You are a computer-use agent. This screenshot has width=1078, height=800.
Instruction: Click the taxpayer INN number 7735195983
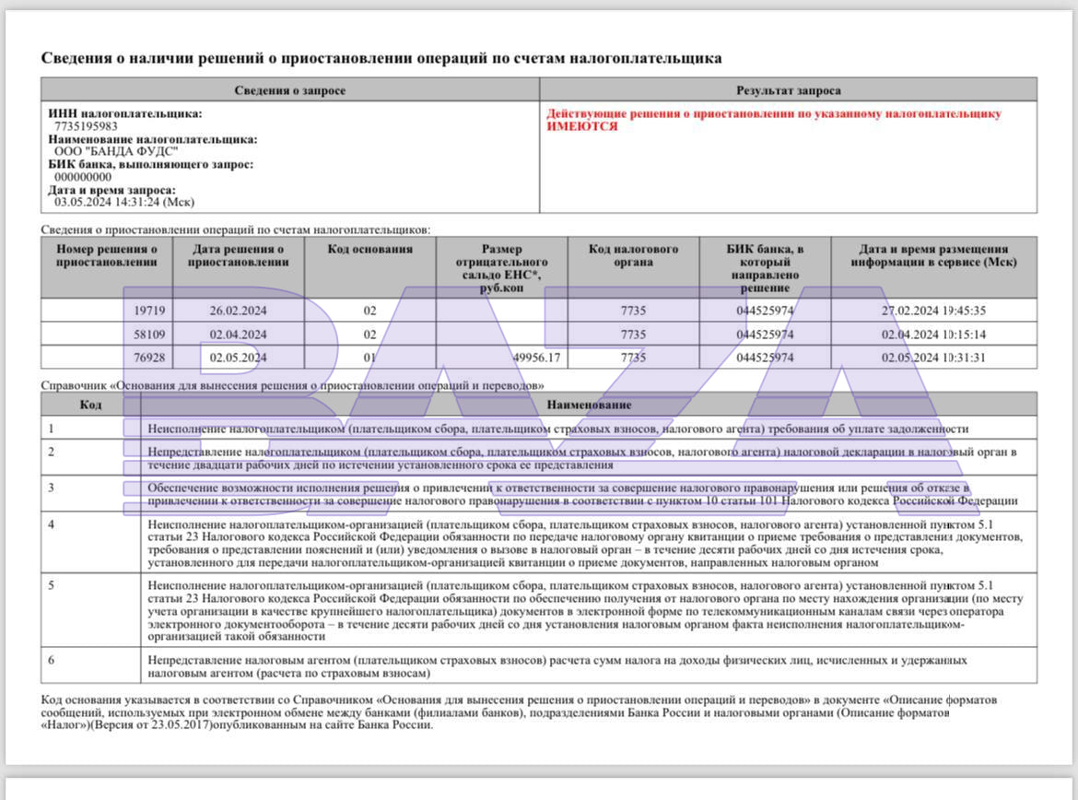point(86,126)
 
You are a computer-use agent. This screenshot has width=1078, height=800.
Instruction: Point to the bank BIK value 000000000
point(83,177)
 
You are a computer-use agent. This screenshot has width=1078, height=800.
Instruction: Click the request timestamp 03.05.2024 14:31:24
point(124,202)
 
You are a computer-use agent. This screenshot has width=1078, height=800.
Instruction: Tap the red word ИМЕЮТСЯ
point(582,126)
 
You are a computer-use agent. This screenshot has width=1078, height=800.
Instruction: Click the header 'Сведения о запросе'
point(289,90)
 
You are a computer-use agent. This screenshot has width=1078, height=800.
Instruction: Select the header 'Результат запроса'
point(788,90)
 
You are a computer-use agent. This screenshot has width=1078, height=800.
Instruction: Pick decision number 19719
point(149,311)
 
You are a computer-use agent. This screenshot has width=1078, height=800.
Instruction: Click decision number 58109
point(149,335)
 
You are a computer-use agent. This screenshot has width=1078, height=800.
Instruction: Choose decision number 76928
point(149,358)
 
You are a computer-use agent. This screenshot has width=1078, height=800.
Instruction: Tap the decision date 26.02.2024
point(238,311)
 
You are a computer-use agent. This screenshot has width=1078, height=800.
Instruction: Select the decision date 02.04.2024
point(238,335)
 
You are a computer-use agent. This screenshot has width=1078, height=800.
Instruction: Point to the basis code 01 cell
point(369,358)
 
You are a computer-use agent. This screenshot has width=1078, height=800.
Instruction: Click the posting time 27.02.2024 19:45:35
point(933,311)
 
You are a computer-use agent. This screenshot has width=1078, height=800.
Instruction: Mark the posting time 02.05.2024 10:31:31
point(933,358)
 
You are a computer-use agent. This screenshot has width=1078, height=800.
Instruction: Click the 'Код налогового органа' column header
point(633,255)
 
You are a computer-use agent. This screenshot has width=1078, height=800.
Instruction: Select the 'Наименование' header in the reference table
point(589,405)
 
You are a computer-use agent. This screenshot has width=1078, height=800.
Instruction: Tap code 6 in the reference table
point(52,660)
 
